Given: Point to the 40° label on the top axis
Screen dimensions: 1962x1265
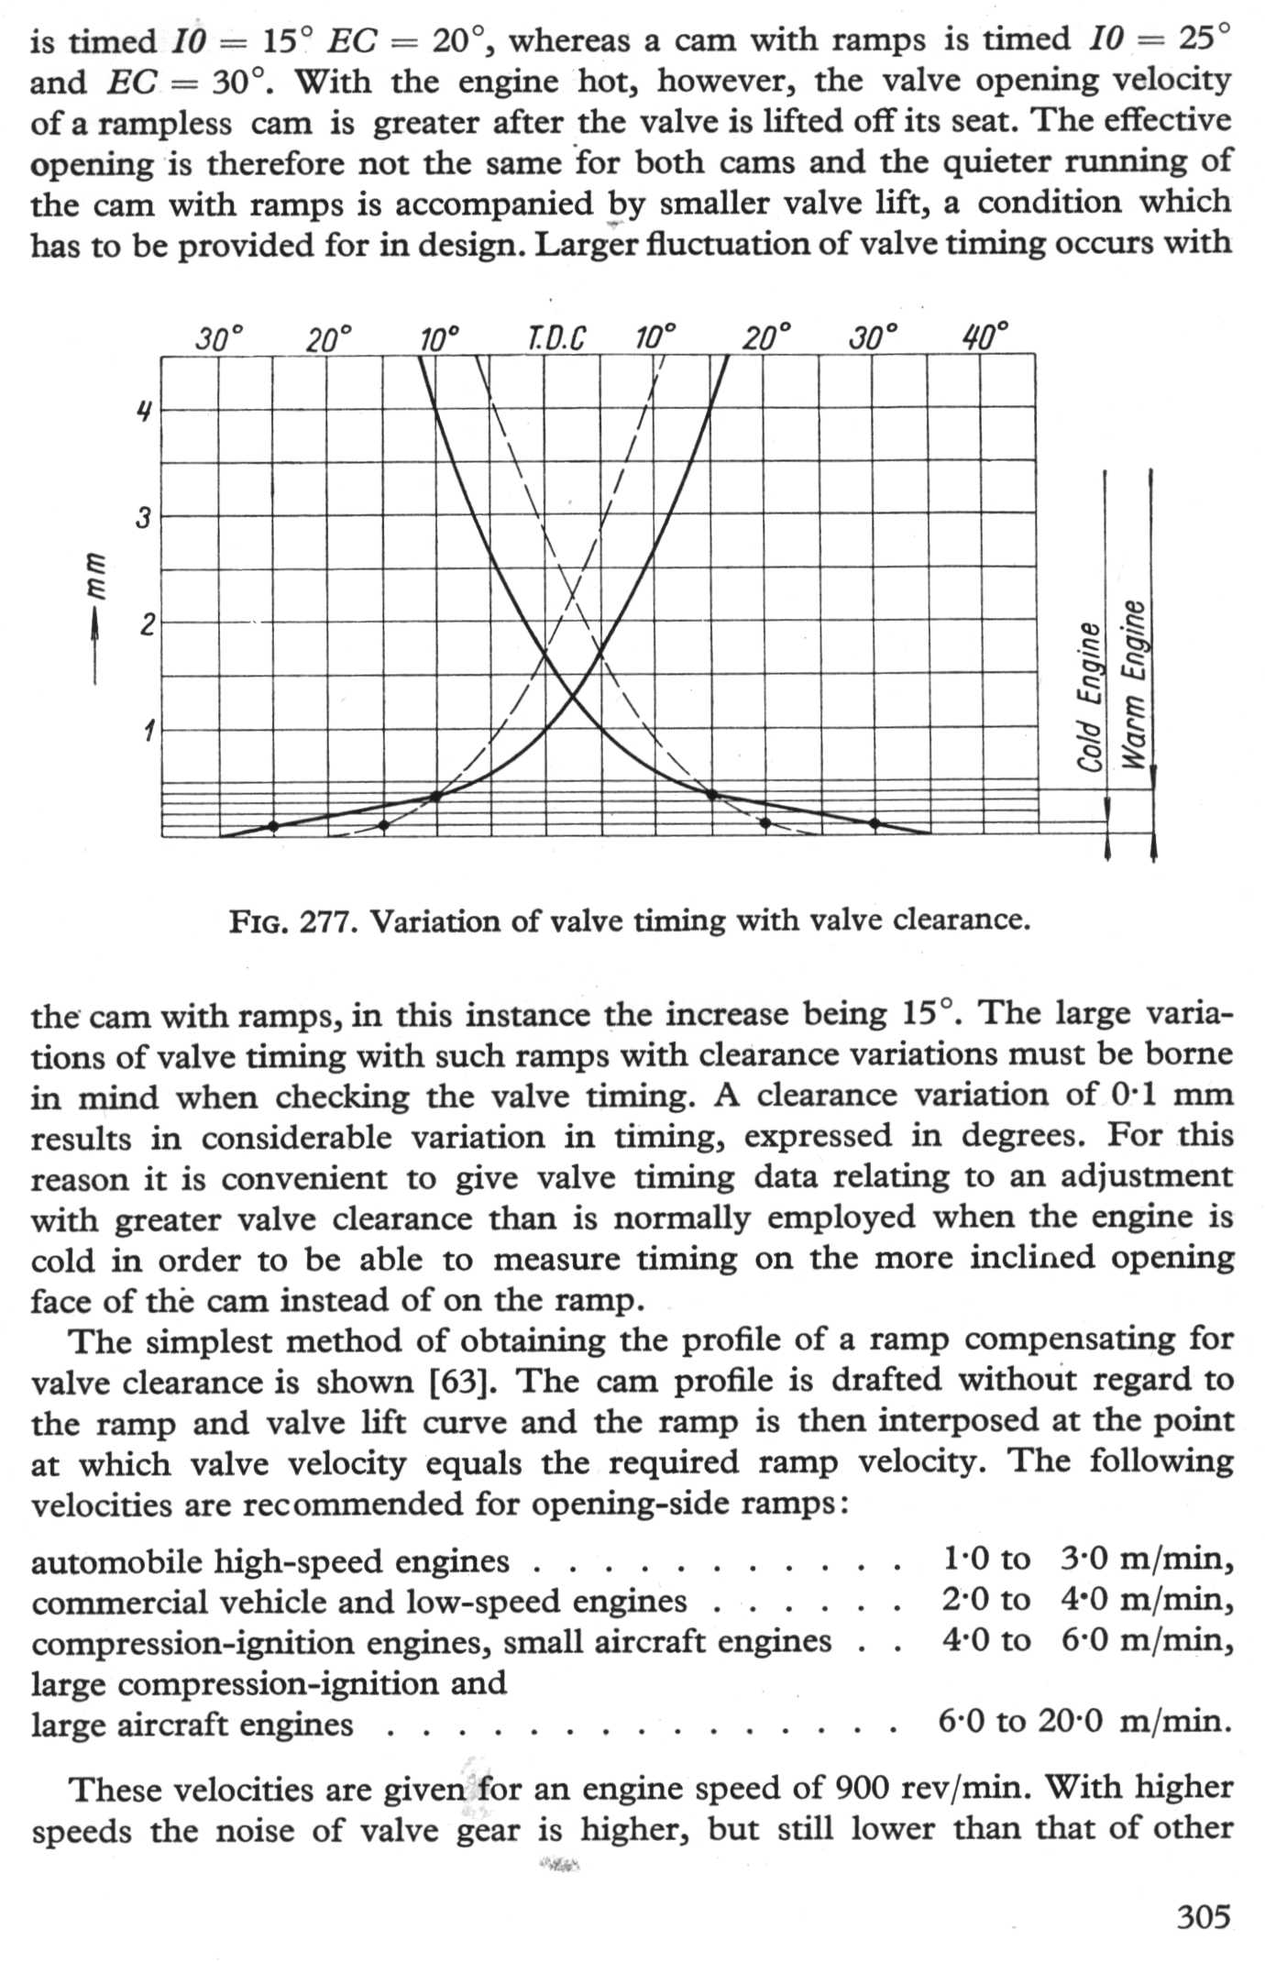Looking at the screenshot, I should point(984,337).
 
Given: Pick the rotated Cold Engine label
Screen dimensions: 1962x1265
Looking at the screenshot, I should point(1089,697).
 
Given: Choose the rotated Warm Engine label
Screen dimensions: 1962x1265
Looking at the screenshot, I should point(1135,683).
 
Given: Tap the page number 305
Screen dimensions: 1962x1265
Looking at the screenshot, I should point(1204,1916).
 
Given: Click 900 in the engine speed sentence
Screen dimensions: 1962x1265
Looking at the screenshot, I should point(863,1787).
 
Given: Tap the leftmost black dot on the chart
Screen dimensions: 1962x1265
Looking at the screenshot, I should point(272,826).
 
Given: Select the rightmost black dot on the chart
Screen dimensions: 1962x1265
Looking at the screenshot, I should point(874,823).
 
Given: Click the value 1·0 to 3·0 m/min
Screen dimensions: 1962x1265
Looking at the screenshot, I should point(1087,1559).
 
